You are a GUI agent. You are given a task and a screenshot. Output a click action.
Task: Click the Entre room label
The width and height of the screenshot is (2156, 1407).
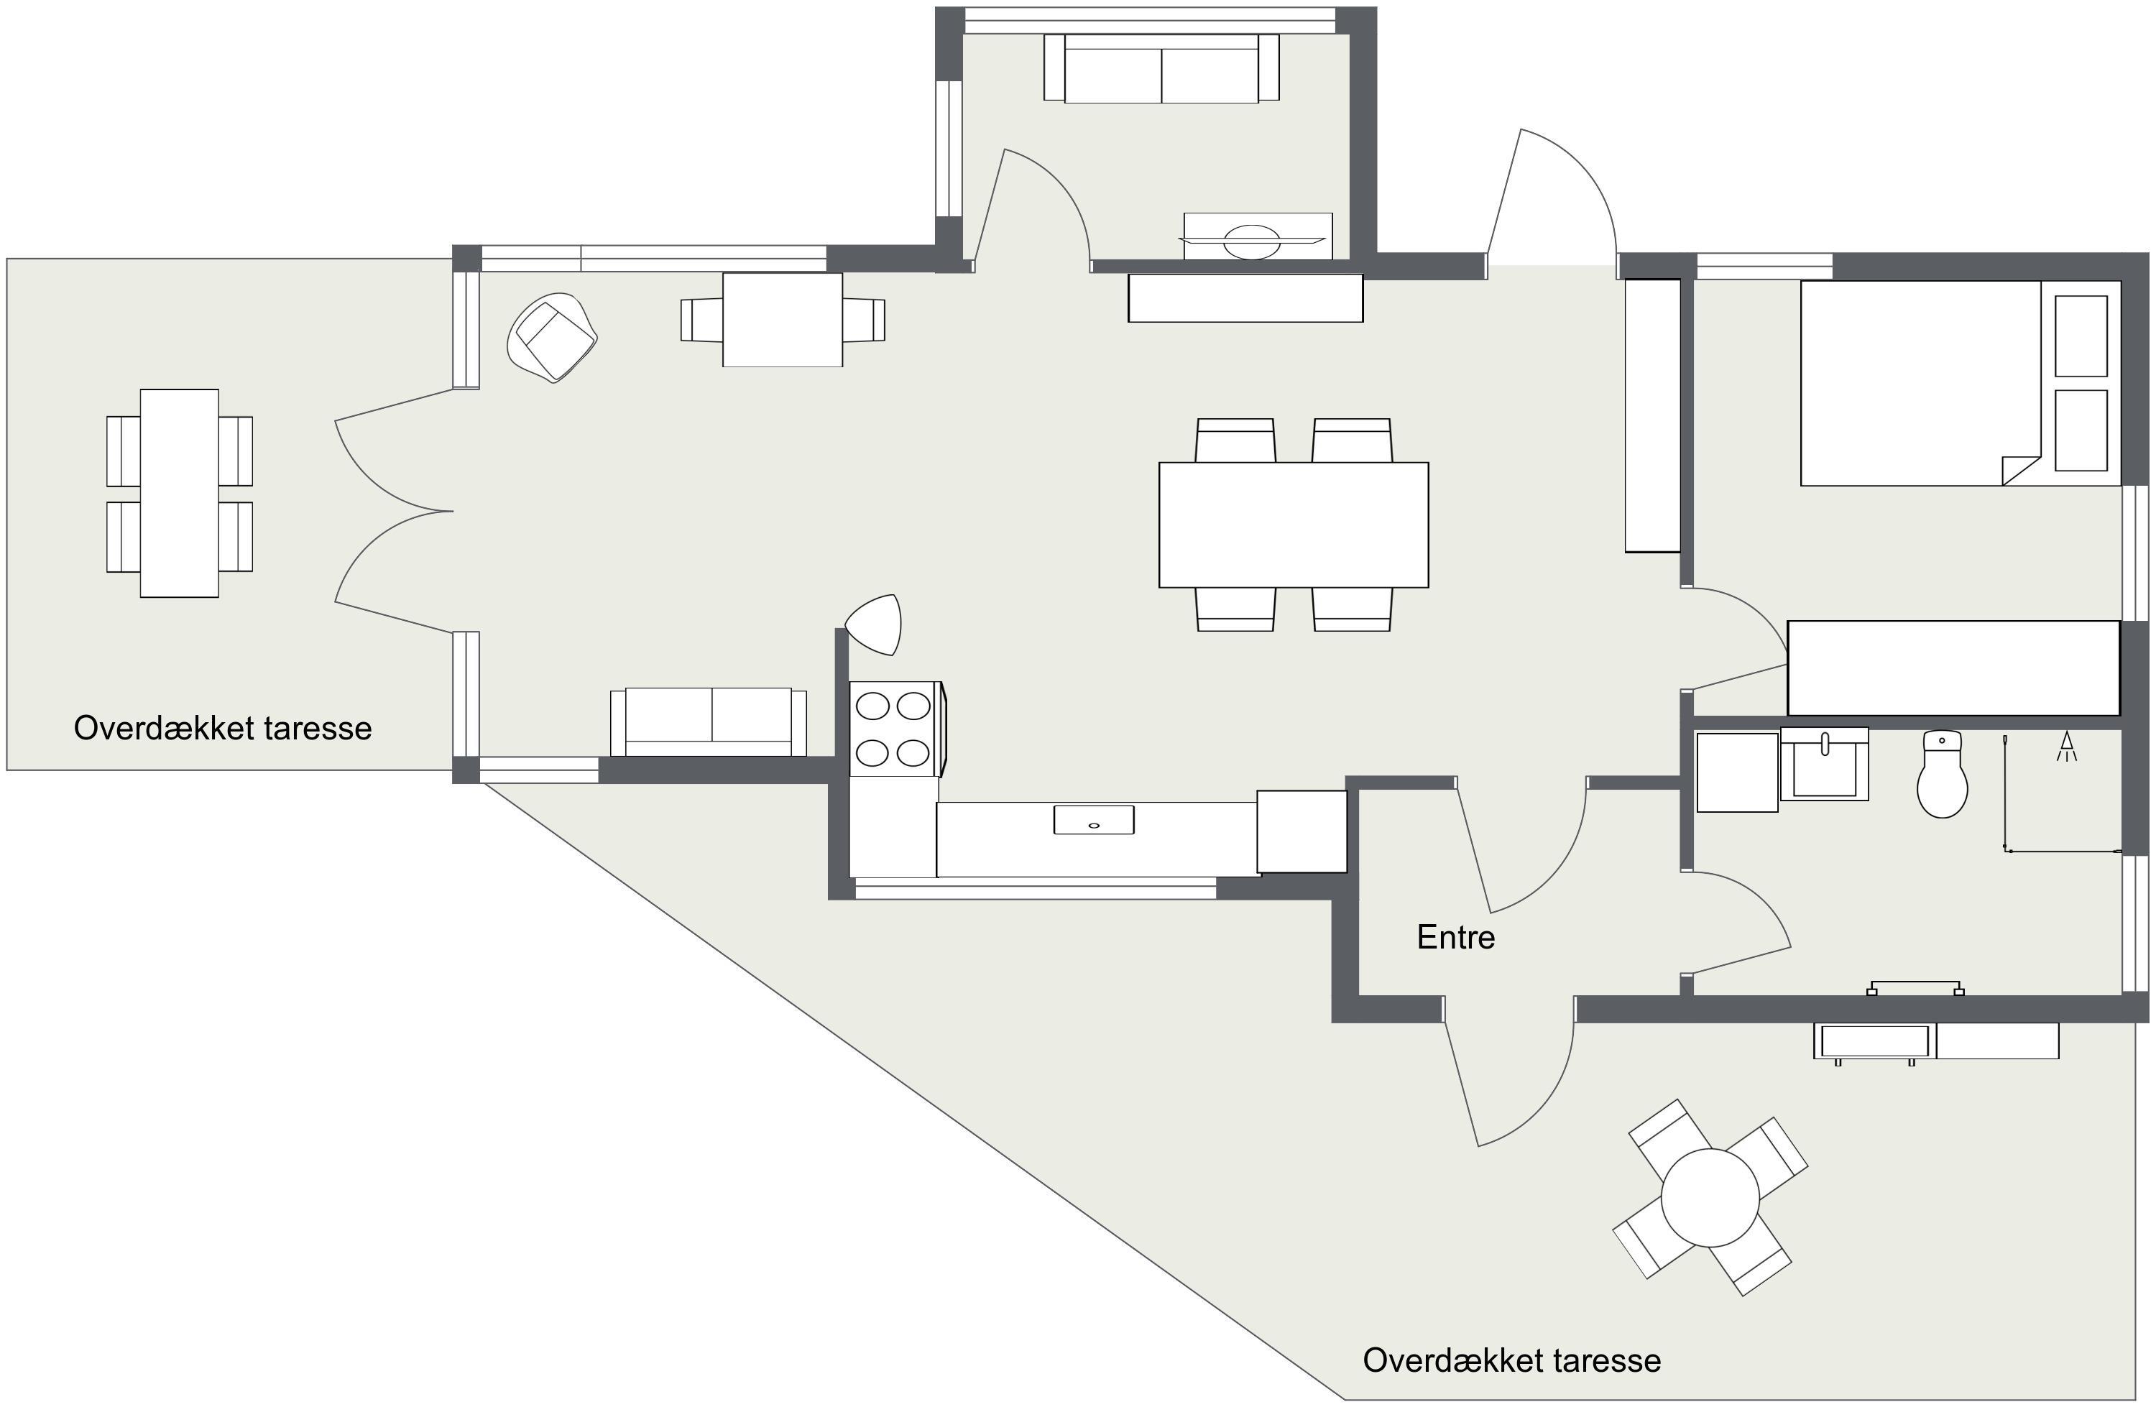tap(1456, 937)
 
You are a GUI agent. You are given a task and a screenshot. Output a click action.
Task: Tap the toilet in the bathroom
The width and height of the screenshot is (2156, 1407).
tap(1943, 775)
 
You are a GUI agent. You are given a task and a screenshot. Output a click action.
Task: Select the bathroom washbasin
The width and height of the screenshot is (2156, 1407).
tap(1825, 764)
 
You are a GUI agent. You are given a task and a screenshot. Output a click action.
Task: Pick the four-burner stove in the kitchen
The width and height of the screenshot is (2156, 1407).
tap(894, 729)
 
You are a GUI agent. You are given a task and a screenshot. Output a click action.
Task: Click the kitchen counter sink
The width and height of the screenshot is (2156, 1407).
tap(1093, 820)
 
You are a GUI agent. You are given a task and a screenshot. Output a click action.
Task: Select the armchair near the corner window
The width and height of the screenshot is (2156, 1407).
tap(553, 336)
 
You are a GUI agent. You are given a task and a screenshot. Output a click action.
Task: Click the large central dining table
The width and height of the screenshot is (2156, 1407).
tap(1294, 525)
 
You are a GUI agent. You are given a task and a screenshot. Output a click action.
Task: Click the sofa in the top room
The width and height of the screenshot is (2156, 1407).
tap(1161, 68)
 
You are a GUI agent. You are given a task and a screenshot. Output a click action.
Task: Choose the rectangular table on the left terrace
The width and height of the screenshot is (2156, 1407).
tap(180, 493)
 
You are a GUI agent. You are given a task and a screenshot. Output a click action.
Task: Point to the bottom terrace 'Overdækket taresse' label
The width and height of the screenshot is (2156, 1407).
tap(1512, 1360)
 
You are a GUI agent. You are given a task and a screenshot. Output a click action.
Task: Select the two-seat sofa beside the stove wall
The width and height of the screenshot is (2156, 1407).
tap(709, 721)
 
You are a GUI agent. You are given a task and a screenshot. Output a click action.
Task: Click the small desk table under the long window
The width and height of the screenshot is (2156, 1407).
tap(783, 320)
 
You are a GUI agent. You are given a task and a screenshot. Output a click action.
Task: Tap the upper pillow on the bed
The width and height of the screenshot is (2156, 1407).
tap(2081, 335)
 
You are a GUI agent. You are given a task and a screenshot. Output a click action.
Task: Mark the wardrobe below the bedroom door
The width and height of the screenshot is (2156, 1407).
tap(1953, 668)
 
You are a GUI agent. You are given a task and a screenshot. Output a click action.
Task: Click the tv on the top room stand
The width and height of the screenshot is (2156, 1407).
tap(1252, 241)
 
